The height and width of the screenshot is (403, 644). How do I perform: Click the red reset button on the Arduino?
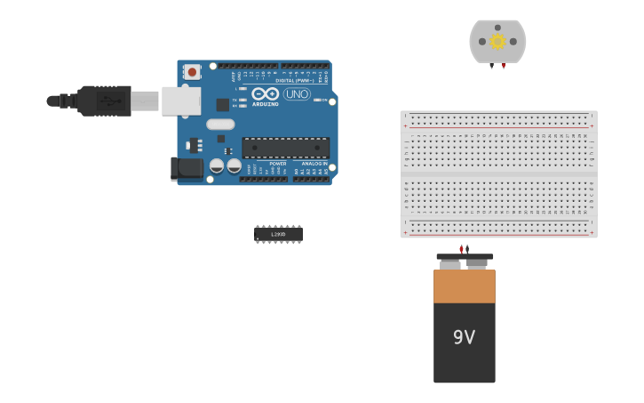point(192,71)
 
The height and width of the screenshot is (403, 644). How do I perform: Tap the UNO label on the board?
point(297,93)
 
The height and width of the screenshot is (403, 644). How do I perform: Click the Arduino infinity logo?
point(265,93)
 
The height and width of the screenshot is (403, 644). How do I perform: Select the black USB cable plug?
point(105,101)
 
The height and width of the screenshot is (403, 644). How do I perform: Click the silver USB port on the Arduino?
point(181,101)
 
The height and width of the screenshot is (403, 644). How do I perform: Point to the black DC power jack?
point(187,168)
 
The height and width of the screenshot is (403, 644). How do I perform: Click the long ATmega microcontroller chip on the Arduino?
point(285,148)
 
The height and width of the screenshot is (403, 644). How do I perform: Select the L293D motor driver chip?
point(278,234)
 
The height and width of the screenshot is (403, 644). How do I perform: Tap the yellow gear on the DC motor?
point(497,41)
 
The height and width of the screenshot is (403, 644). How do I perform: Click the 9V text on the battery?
point(464,337)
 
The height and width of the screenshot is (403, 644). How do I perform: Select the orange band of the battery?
point(464,286)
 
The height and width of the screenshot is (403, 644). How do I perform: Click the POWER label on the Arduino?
point(277,164)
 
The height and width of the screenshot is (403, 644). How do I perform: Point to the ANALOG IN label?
point(313,164)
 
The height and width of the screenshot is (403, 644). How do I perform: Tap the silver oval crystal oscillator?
point(220,125)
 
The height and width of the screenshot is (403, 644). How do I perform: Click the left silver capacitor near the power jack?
point(217,165)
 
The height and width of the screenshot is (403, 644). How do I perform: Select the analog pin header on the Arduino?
point(311,179)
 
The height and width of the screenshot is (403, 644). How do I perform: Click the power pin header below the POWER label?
point(263,179)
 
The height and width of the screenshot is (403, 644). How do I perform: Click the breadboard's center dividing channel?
point(498,173)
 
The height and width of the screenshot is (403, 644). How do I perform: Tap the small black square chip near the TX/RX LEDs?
point(222,105)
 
